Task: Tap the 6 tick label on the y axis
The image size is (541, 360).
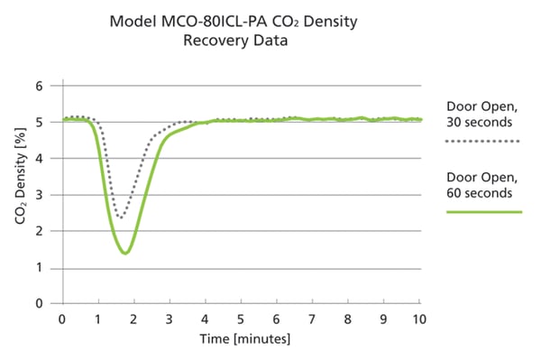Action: pos(39,87)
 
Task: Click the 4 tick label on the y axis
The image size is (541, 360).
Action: pos(39,159)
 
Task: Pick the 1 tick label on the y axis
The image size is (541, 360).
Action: pos(39,268)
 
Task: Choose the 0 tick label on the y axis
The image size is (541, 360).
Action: pos(39,304)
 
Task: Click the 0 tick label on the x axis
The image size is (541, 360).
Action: pos(62,319)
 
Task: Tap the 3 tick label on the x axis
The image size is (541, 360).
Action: pos(169,319)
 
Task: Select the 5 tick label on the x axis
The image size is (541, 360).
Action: pos(240,319)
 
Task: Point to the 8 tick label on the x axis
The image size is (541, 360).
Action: pos(347,319)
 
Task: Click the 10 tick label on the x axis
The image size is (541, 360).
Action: pos(417,319)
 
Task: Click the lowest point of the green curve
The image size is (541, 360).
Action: pos(125,253)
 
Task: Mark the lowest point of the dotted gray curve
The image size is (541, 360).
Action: pos(121,217)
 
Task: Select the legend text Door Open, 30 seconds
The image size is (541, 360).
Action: pos(481,112)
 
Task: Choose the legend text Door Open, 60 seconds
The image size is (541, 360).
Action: pos(481,183)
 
